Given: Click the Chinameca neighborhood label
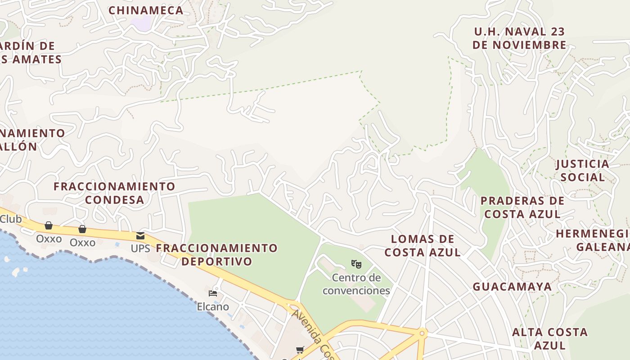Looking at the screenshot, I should (146, 10).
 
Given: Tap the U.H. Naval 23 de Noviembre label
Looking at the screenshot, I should (520, 38).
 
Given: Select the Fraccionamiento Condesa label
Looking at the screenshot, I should (114, 193).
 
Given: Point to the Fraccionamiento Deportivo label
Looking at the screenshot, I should (217, 254).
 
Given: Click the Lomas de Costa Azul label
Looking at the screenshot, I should (423, 246).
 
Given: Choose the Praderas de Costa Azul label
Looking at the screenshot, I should (522, 207).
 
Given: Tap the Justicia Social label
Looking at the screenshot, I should (583, 170).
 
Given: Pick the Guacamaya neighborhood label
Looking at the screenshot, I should (512, 287).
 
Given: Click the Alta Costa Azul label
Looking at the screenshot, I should (550, 338).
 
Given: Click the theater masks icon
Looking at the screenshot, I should (356, 264).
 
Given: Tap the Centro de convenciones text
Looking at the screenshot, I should (356, 284).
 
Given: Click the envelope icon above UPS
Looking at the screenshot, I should (140, 235).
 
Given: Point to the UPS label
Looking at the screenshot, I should (140, 248).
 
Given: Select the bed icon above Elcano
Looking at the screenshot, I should (213, 293).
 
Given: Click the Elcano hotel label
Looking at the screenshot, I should (213, 306).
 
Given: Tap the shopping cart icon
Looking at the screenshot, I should (300, 350).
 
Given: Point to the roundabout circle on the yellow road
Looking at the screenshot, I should (422, 333).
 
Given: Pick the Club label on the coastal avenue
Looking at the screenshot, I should (11, 219).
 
